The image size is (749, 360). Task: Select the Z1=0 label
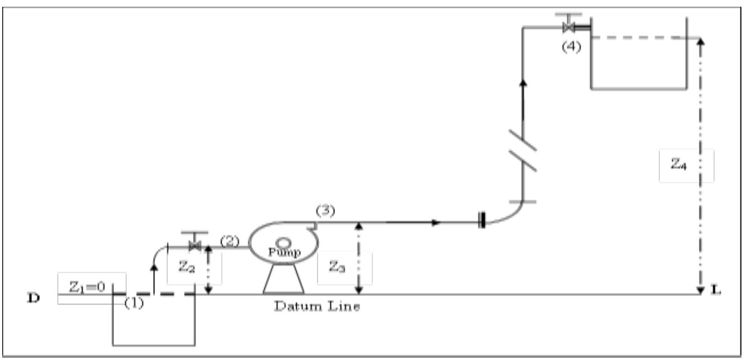[91, 288]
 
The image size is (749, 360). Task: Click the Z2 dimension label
[187, 268]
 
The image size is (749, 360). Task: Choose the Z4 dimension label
[678, 165]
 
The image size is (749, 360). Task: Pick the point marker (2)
[229, 241]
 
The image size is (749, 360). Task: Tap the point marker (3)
[325, 211]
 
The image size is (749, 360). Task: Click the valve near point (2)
[195, 245]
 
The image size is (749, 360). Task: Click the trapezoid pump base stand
[283, 279]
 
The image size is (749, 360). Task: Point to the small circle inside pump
[283, 243]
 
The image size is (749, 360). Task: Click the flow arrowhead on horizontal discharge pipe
[436, 222]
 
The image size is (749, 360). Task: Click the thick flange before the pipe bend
[481, 222]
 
